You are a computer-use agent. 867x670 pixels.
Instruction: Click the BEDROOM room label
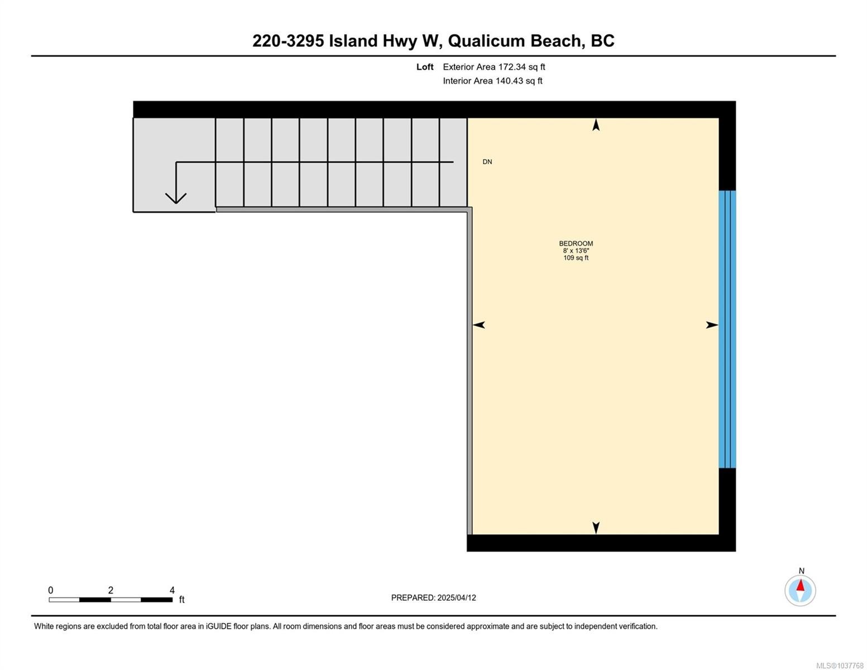click(x=576, y=243)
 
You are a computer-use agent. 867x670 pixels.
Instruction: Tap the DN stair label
click(x=487, y=161)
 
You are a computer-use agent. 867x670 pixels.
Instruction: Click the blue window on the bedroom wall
click(x=727, y=329)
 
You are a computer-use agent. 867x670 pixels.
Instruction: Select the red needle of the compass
click(x=800, y=585)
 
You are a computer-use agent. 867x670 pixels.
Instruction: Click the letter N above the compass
click(x=801, y=571)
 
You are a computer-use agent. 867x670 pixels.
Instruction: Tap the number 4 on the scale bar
click(x=172, y=590)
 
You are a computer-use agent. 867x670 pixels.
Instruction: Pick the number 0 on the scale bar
click(x=51, y=590)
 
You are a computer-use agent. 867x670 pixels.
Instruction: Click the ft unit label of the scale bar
click(x=182, y=599)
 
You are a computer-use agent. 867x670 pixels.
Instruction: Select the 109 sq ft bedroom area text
click(x=576, y=258)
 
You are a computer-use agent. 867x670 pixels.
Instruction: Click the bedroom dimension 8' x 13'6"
click(x=576, y=251)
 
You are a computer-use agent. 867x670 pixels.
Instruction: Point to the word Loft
click(x=424, y=67)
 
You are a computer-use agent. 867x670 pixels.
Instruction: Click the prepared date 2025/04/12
click(x=457, y=597)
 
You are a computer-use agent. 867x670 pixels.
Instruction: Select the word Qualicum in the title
click(x=486, y=41)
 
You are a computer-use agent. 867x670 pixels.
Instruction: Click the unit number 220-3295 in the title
click(x=288, y=41)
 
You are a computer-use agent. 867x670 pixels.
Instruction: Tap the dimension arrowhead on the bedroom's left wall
click(x=479, y=325)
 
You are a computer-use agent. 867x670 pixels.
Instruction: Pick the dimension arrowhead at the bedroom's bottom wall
click(x=596, y=528)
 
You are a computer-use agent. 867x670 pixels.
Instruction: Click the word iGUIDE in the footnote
click(x=219, y=626)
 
